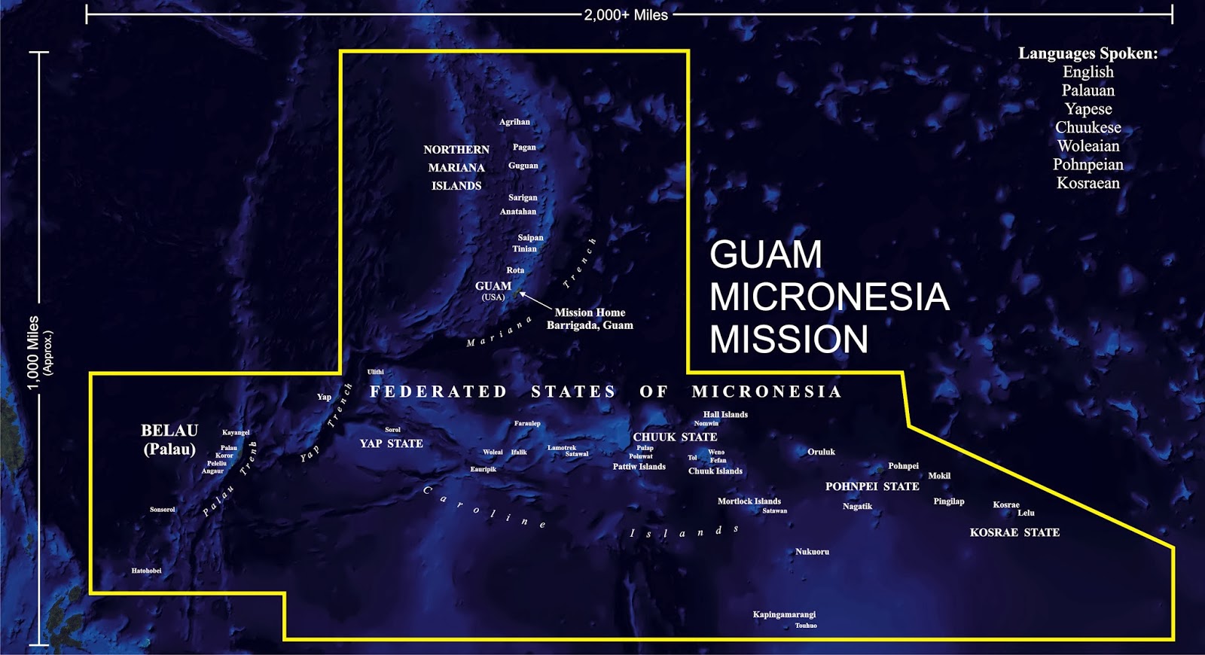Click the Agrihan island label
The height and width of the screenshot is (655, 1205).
514,122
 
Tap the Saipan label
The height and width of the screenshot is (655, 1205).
530,238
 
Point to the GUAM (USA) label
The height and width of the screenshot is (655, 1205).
493,290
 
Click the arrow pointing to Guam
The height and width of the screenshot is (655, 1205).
535,300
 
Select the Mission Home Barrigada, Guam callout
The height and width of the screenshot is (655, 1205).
590,318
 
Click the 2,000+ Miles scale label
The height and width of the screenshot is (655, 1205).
626,15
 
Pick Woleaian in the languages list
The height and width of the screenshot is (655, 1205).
1088,146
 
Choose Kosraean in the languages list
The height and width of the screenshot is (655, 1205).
1088,183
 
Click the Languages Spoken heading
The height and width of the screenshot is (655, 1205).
1088,53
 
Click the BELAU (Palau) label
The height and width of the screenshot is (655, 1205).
169,440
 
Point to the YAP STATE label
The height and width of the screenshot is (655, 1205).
391,444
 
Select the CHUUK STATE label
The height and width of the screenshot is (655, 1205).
675,437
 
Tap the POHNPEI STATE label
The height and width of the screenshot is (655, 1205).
872,487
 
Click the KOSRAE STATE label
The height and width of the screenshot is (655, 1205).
1014,532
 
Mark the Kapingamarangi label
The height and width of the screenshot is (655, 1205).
784,614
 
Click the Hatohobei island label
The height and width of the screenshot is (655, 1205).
146,571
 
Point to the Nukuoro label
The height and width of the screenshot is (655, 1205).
812,552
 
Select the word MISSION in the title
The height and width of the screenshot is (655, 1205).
789,340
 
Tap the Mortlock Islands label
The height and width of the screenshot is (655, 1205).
749,501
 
